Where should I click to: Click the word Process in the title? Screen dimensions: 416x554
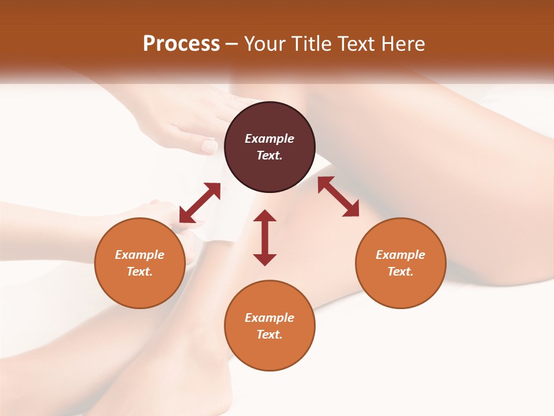tap(181, 44)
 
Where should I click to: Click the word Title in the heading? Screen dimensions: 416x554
tap(312, 44)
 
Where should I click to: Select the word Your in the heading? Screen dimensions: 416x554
tap(264, 44)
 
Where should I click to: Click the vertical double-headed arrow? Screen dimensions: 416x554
tap(265, 237)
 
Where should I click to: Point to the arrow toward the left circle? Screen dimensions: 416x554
tap(200, 203)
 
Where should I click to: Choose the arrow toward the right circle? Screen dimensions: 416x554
tap(338, 196)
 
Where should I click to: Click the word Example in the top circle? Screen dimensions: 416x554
tap(269, 139)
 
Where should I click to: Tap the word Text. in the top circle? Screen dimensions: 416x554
tap(269, 155)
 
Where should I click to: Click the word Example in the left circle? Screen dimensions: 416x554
tap(140, 255)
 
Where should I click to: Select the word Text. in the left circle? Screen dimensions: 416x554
tap(140, 272)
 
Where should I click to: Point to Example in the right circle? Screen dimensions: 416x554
tap(400, 255)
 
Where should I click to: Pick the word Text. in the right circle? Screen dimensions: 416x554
tap(400, 272)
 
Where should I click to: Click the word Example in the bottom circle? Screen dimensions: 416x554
tap(269, 318)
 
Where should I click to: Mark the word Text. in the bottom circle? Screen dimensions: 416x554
tap(269, 335)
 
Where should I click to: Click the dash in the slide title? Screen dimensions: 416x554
tap(231, 44)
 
